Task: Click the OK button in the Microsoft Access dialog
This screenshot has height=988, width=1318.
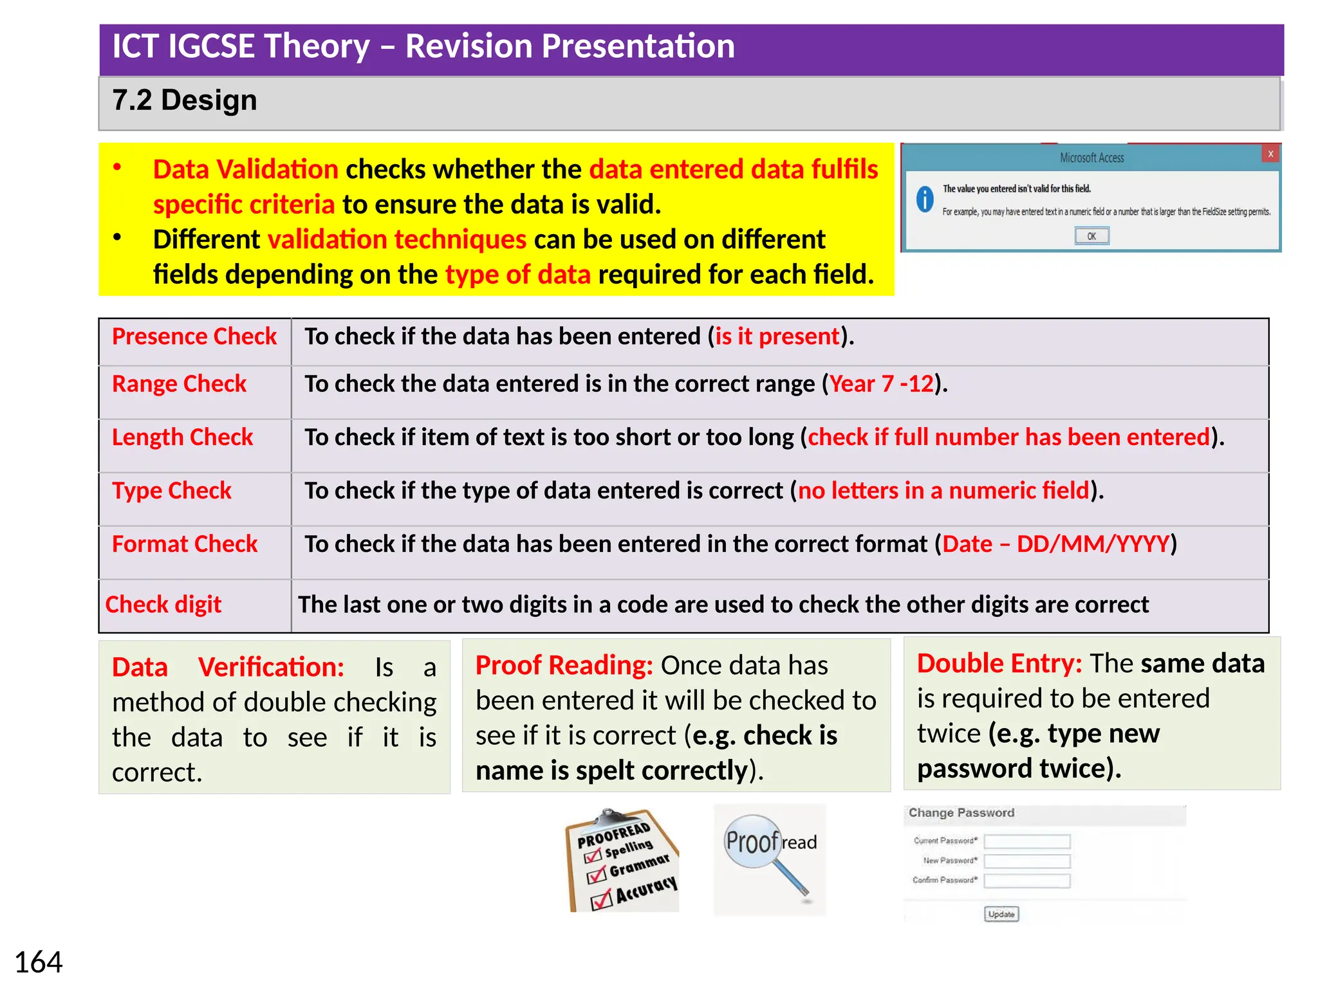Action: click(x=1091, y=236)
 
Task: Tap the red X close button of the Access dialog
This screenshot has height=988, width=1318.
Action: click(x=1270, y=154)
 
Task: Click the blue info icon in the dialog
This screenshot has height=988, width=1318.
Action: click(x=925, y=199)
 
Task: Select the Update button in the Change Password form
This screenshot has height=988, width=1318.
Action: click(x=1001, y=914)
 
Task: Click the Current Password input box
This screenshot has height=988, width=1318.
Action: click(x=1027, y=841)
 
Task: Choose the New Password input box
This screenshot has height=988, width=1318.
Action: click(x=1027, y=861)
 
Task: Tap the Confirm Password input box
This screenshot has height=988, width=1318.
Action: click(x=1027, y=881)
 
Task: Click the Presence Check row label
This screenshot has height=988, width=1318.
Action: click(x=194, y=336)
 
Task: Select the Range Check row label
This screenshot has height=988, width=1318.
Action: click(x=179, y=384)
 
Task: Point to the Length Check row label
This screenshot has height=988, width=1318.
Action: click(x=182, y=437)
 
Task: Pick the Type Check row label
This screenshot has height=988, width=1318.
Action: click(x=171, y=491)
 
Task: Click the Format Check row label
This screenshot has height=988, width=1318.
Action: click(x=185, y=544)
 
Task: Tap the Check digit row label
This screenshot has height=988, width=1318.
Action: click(x=163, y=605)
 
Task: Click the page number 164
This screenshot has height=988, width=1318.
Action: click(x=39, y=962)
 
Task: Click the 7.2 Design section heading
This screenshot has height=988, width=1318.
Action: click(x=185, y=100)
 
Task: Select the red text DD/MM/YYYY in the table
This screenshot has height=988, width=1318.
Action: click(x=1092, y=544)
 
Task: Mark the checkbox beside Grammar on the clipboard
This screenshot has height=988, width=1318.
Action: click(x=597, y=874)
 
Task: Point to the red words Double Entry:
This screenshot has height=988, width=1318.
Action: click(x=999, y=663)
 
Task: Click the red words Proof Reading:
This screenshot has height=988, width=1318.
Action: click(x=564, y=665)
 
